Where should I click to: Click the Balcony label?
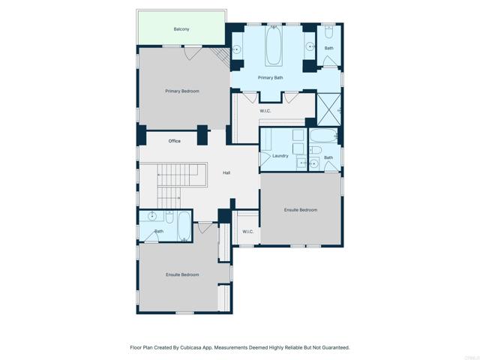click(x=181, y=29)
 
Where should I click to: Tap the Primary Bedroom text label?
click(x=182, y=91)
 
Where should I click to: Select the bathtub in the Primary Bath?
click(x=273, y=46)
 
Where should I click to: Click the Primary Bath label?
click(x=270, y=78)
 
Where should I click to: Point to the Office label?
click(x=175, y=141)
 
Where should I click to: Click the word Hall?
click(x=226, y=173)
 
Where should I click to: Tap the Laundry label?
click(x=280, y=156)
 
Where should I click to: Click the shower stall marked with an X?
click(x=328, y=109)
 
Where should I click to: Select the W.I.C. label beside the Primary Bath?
click(x=265, y=111)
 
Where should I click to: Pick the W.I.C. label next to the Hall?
click(x=248, y=232)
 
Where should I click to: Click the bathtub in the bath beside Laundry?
click(x=323, y=136)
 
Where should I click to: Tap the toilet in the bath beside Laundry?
click(x=316, y=150)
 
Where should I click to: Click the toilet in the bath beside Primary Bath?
click(x=328, y=32)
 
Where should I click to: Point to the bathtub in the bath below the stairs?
click(x=184, y=226)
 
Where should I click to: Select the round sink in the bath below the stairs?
click(x=152, y=217)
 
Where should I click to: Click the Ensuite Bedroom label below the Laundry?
click(x=301, y=210)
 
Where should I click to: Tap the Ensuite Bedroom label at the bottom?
click(x=182, y=275)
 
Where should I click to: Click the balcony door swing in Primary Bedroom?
click(x=192, y=52)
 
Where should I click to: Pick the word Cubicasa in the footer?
click(x=192, y=348)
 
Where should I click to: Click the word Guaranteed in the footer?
click(x=336, y=348)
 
